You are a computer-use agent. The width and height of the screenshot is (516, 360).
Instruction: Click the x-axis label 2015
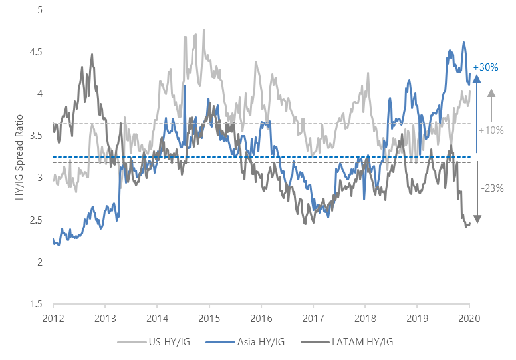[209, 318]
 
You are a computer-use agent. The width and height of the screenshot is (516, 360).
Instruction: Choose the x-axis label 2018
[365, 318]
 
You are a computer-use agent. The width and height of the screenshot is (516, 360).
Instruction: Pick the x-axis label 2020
[469, 318]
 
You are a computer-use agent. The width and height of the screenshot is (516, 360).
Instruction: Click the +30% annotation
[485, 67]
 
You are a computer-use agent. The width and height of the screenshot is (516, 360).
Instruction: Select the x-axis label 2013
[104, 318]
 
